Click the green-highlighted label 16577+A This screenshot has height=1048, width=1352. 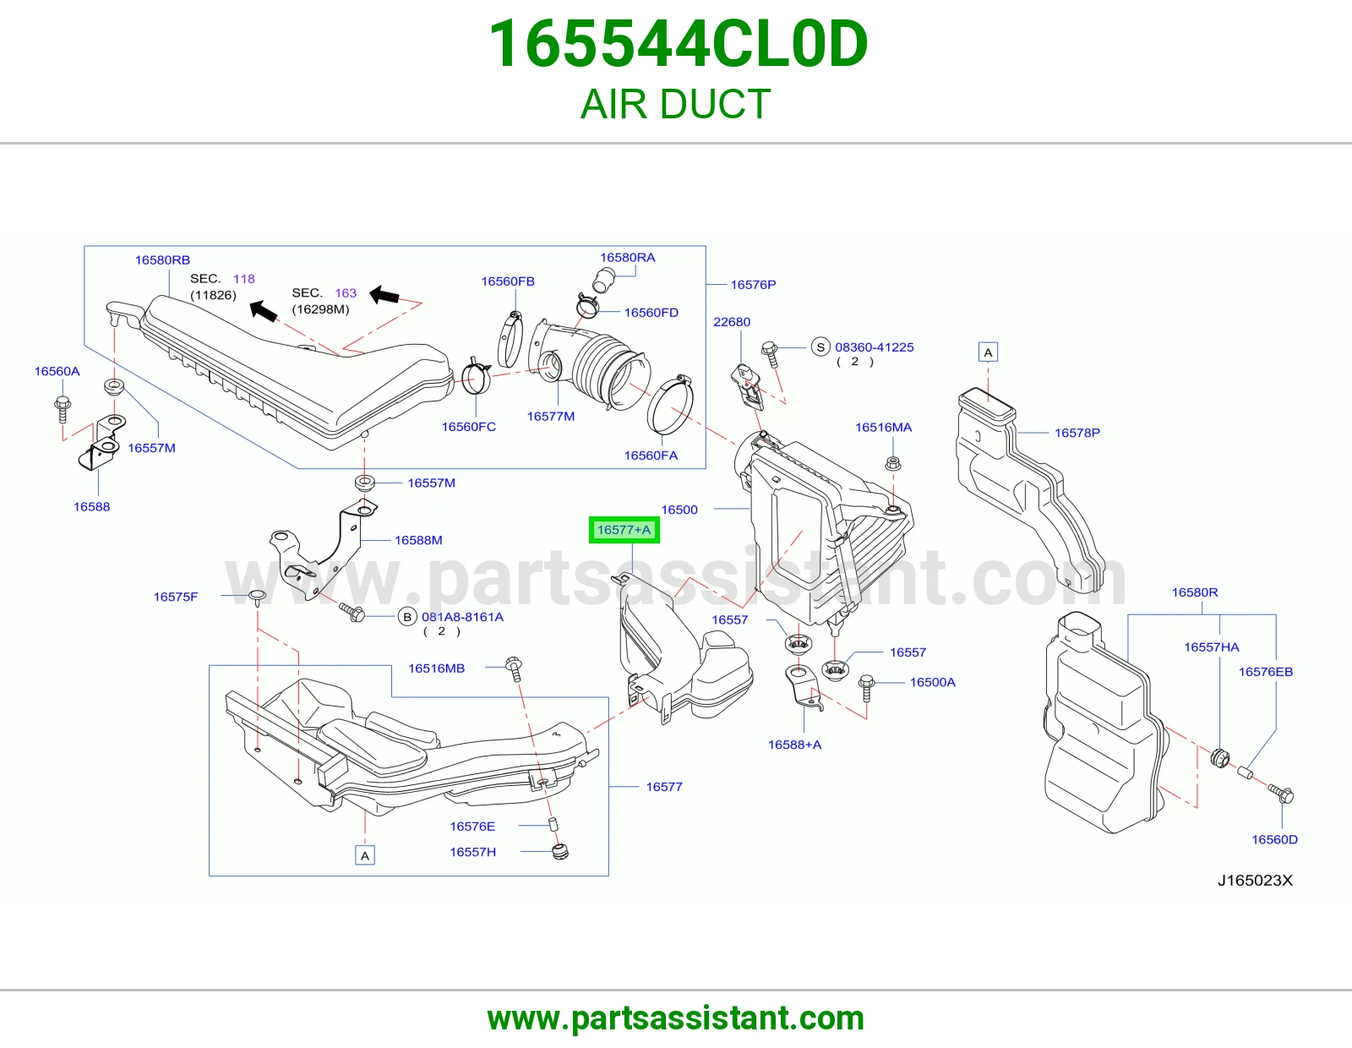(624, 530)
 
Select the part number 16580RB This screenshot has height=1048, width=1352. (162, 260)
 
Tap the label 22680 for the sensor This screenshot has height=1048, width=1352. (732, 322)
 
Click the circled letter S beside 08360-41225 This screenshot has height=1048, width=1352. (820, 347)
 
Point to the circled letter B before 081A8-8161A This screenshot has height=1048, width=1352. (407, 617)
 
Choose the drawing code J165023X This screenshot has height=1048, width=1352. (1255, 881)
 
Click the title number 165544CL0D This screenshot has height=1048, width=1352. (679, 44)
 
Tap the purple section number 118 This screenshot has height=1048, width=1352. (244, 279)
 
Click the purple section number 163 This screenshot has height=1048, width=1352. (346, 293)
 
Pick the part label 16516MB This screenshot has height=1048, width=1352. (436, 669)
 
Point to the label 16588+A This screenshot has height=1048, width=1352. (794, 745)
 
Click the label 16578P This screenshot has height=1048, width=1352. (1077, 433)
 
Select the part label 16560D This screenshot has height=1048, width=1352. (1274, 839)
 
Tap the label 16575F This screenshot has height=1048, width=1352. (176, 597)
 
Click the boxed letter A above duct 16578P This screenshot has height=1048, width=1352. (988, 352)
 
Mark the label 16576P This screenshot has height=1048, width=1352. (753, 285)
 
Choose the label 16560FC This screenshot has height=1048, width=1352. (468, 427)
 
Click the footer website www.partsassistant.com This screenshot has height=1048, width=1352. (676, 1018)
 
